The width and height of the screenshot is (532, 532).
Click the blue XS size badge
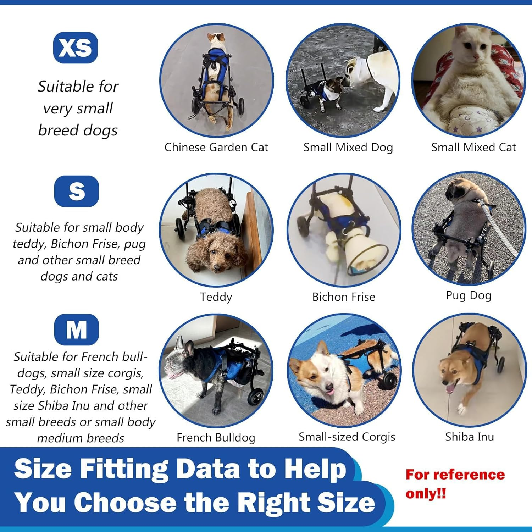tap(75, 48)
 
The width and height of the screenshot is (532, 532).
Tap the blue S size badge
tap(76, 191)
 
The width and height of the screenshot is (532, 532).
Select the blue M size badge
tap(76, 329)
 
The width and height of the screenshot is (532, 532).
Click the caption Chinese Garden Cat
tap(216, 147)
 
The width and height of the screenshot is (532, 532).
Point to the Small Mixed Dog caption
tap(348, 147)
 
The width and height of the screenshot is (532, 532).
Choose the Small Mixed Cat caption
tap(473, 147)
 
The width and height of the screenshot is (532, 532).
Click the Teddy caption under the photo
tap(216, 297)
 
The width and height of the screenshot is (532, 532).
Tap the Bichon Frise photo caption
tap(343, 297)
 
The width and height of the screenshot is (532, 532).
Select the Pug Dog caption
tap(468, 295)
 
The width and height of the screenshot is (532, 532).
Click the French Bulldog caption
tap(216, 437)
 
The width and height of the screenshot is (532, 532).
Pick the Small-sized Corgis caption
tap(347, 437)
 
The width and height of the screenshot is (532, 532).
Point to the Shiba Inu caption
tap(469, 437)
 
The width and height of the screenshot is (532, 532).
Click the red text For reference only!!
tap(455, 484)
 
